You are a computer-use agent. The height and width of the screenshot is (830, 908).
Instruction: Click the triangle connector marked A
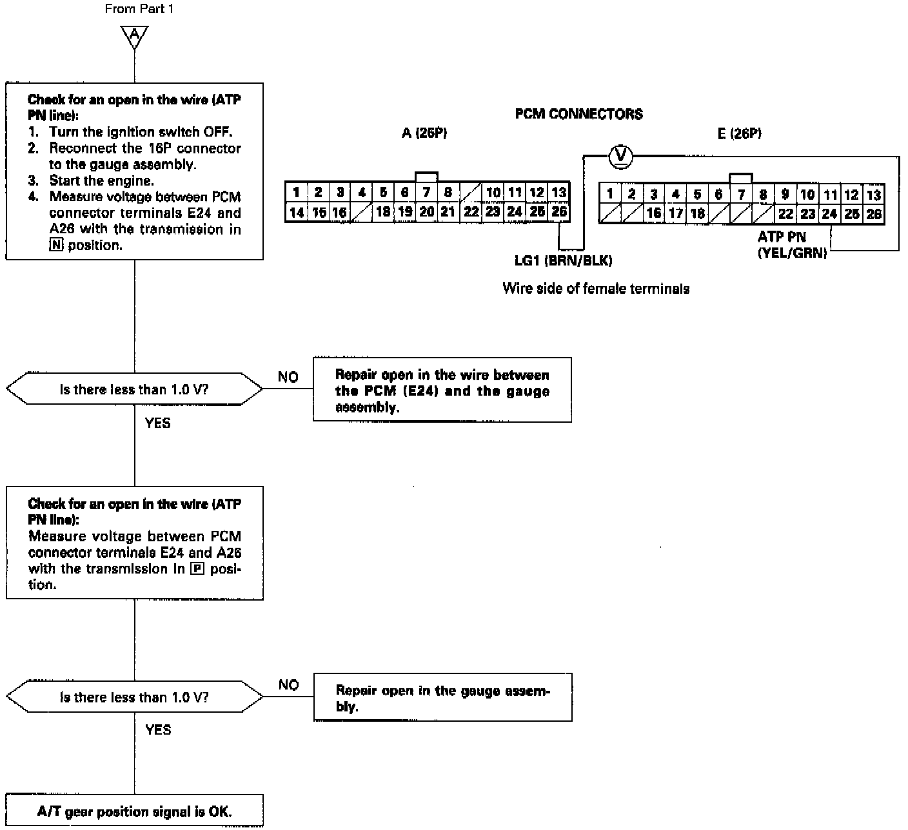tap(134, 37)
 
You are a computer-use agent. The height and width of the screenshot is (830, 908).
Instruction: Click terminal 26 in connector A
tap(559, 211)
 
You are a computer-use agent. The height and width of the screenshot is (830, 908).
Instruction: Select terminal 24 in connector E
tap(829, 214)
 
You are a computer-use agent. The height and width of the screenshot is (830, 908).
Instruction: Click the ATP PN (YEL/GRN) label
tap(791, 245)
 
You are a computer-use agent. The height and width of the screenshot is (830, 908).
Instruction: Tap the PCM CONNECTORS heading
tap(578, 114)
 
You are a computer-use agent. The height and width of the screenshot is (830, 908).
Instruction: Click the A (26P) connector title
tap(424, 133)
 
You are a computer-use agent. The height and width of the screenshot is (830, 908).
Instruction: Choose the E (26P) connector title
tap(739, 133)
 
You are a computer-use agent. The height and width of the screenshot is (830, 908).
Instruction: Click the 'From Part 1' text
tap(139, 9)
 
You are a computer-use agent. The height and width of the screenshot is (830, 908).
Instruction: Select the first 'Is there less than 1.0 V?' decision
tap(134, 389)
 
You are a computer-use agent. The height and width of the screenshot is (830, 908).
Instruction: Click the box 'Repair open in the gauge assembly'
tap(442, 698)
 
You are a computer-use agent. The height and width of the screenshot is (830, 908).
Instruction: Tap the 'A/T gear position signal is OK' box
tap(134, 811)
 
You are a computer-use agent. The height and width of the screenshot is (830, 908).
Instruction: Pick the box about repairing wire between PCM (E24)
tap(442, 391)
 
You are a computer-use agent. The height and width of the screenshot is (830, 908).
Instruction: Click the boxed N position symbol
tap(56, 246)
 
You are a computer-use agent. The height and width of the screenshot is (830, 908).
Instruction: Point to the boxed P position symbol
tap(197, 569)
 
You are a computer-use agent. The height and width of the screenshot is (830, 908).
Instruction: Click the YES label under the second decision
tap(158, 729)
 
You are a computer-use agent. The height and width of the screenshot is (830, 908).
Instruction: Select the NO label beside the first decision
tap(288, 377)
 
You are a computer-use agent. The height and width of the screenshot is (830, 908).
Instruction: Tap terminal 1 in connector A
tap(296, 192)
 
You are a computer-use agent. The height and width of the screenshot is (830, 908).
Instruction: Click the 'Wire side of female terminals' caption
tap(596, 289)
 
